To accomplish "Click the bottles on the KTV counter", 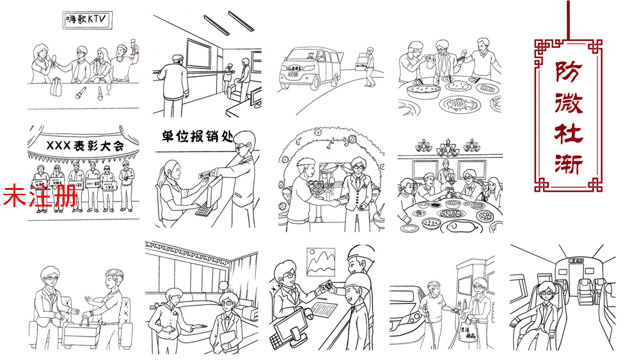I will click(56, 85).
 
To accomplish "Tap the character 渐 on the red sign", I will click(567, 162).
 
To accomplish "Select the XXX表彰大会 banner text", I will click(83, 146).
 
